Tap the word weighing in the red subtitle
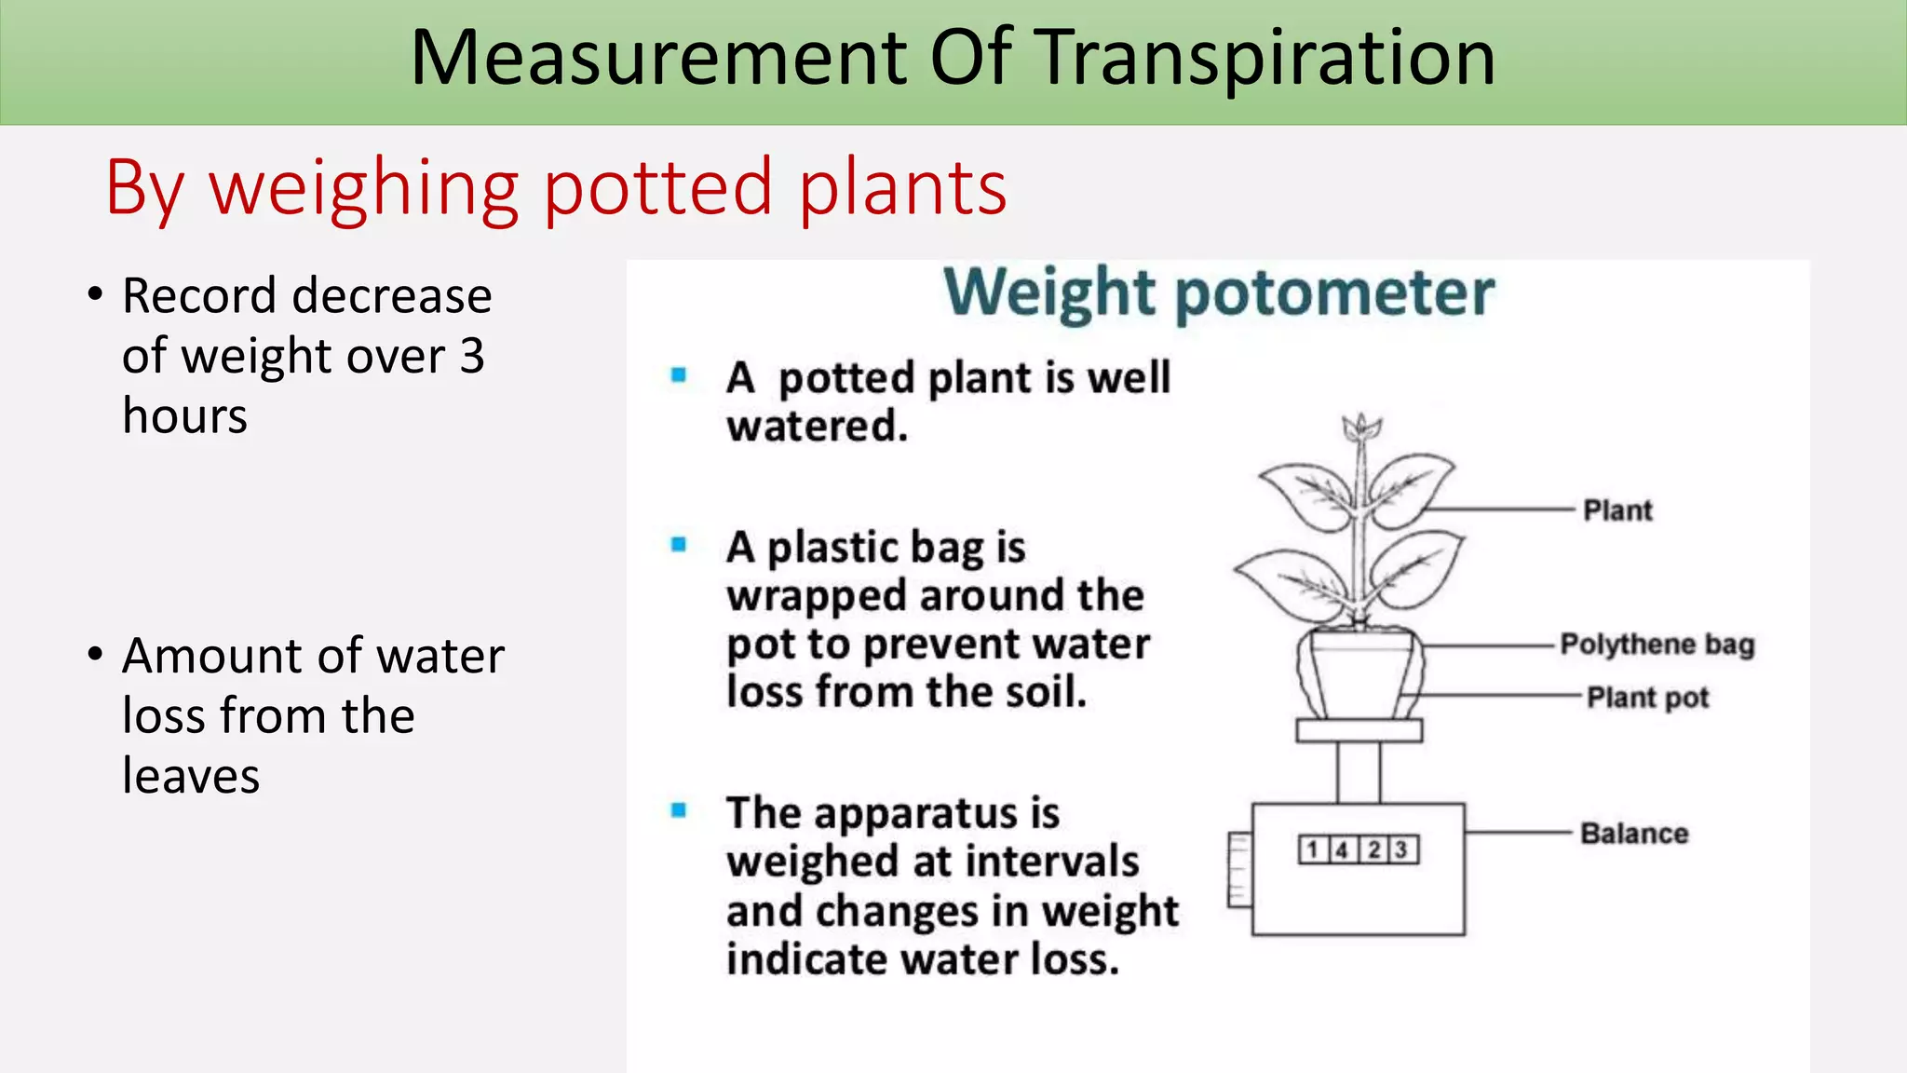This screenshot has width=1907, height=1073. click(x=363, y=189)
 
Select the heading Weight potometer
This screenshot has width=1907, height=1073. click(x=1218, y=293)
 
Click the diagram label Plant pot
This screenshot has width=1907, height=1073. click(x=1647, y=698)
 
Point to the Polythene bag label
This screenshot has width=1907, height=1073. click(x=1657, y=645)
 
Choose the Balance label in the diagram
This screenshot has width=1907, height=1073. click(x=1634, y=834)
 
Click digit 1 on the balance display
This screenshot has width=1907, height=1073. click(x=1312, y=849)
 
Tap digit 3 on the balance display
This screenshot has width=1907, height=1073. click(x=1401, y=849)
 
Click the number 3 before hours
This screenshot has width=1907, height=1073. click(x=472, y=356)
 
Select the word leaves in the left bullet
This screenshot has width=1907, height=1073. click(x=191, y=776)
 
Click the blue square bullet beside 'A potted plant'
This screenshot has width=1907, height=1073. click(x=679, y=375)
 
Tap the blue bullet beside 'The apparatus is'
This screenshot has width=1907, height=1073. click(x=679, y=810)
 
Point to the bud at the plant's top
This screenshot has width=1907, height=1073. click(x=1361, y=428)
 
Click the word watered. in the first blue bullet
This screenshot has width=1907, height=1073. click(x=817, y=427)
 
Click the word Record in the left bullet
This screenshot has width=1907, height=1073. click(x=199, y=296)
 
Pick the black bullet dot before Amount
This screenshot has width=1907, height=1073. click(x=95, y=655)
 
